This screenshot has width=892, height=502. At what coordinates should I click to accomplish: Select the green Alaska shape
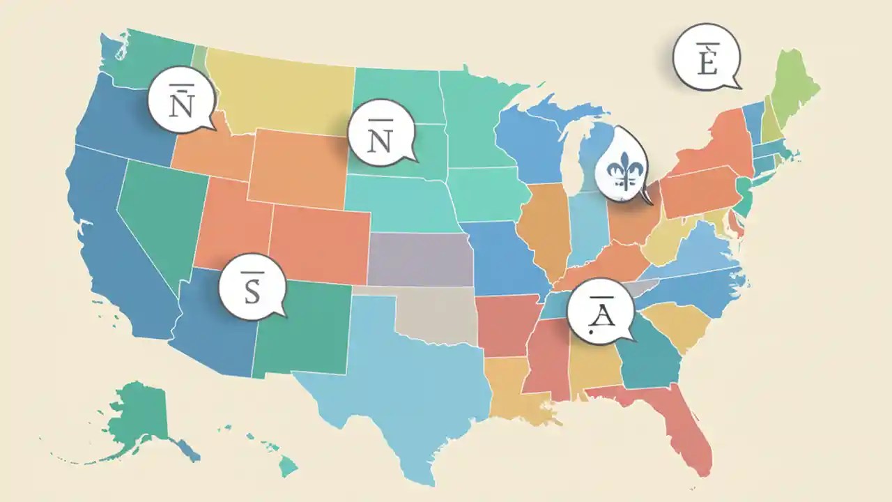(139, 411)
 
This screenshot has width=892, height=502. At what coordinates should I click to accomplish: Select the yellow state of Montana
(286, 91)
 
